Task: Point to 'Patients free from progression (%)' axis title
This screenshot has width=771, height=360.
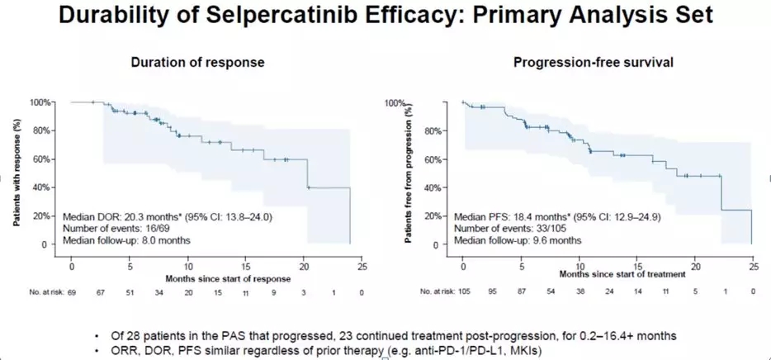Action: click(x=409, y=173)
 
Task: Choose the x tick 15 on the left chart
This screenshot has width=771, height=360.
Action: click(x=247, y=267)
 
